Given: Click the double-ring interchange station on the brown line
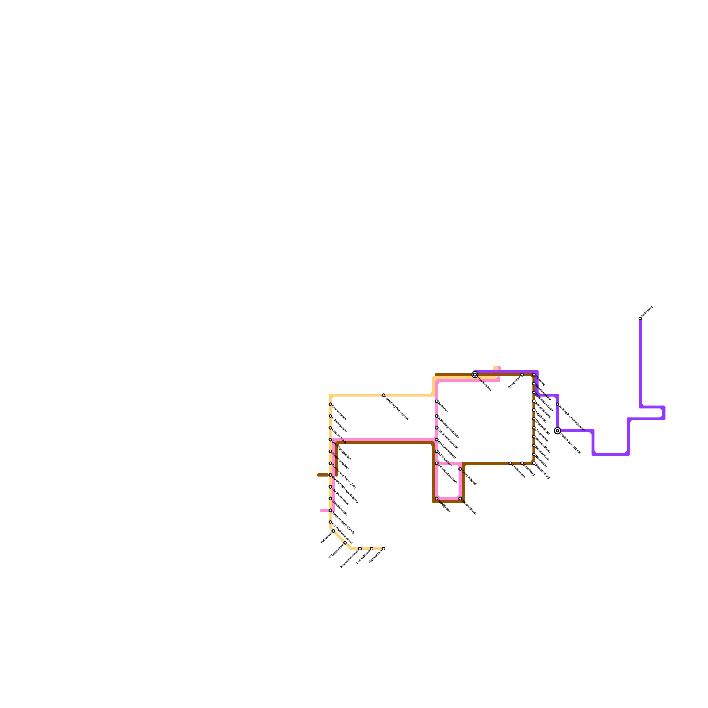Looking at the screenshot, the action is click(475, 375).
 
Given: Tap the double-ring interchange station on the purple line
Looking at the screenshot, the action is click(558, 431).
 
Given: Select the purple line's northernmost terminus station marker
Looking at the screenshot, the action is click(640, 319).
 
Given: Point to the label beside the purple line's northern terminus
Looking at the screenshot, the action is click(647, 312).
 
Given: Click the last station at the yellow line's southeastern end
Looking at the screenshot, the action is click(383, 549).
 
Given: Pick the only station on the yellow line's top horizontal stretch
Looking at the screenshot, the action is click(383, 395).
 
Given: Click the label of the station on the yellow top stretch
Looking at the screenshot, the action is click(396, 408).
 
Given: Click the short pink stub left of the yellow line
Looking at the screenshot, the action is click(324, 510).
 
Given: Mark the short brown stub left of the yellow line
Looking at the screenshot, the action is click(323, 475).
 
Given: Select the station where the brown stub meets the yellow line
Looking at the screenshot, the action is click(330, 475).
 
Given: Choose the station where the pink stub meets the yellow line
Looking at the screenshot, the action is click(330, 510).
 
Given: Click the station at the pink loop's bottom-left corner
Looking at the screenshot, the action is click(437, 499).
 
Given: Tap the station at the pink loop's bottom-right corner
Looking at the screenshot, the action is click(460, 499).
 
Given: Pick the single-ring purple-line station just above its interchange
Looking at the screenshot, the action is click(558, 404).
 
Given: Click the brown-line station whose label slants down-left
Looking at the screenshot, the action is click(522, 375).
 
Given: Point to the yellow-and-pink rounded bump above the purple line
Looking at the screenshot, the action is click(497, 368).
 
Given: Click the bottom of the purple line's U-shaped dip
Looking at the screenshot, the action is click(611, 454).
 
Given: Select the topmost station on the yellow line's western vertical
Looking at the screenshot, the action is click(330, 404).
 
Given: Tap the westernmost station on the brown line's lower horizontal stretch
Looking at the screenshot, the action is click(510, 463).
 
